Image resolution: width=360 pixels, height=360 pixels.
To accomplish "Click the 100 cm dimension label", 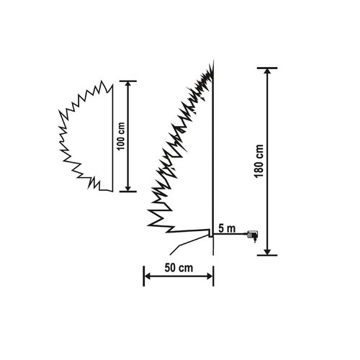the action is pyautogui.click(x=122, y=136).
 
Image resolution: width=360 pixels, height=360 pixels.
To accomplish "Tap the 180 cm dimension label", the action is pyautogui.click(x=259, y=161).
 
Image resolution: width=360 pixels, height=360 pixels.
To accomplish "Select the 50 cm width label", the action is pyautogui.click(x=179, y=268).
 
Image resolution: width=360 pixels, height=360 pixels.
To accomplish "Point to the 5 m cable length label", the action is pyautogui.click(x=227, y=229).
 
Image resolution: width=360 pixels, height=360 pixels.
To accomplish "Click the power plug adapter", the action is pyautogui.click(x=252, y=235).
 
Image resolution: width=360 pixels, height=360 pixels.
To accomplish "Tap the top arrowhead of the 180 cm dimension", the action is pyautogui.click(x=267, y=71).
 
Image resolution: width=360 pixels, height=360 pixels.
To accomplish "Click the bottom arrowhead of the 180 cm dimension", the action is pyautogui.click(x=267, y=252).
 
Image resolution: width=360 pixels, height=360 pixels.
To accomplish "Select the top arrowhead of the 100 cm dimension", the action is pyautogui.click(x=128, y=84).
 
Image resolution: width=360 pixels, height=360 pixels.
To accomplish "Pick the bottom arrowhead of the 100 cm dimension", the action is pyautogui.click(x=128, y=189).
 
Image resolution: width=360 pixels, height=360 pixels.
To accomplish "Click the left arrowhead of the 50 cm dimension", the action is pyautogui.click(x=147, y=276).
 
